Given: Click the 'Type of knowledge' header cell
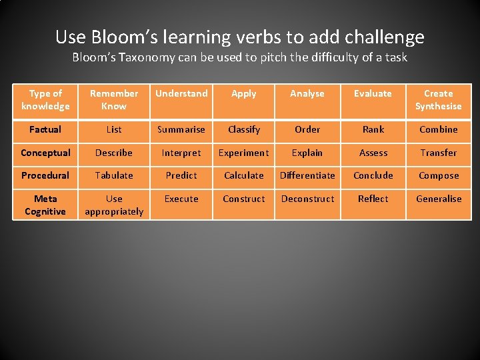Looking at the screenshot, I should [45, 100].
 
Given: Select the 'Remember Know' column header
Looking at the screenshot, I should [114, 100].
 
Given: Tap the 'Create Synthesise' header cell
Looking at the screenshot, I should [438, 100].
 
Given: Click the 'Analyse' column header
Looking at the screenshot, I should [307, 94].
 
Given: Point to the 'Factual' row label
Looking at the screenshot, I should [45, 129].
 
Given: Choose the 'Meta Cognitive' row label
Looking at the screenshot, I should [45, 205].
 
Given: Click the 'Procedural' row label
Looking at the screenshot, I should [45, 175].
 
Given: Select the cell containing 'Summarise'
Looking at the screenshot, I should [181, 129].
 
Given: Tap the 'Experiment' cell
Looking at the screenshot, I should [244, 153].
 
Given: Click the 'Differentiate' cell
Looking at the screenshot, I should [307, 175].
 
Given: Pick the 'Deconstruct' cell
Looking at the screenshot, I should [307, 199].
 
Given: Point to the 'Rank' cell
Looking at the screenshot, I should [373, 129].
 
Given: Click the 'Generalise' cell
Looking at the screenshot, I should [439, 199].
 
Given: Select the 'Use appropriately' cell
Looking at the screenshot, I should [114, 205].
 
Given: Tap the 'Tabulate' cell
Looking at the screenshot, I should [114, 175].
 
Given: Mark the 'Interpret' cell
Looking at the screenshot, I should [181, 153].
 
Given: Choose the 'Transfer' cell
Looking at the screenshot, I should [439, 153].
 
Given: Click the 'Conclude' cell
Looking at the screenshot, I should [373, 175].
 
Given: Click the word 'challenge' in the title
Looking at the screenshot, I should [381, 37].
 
